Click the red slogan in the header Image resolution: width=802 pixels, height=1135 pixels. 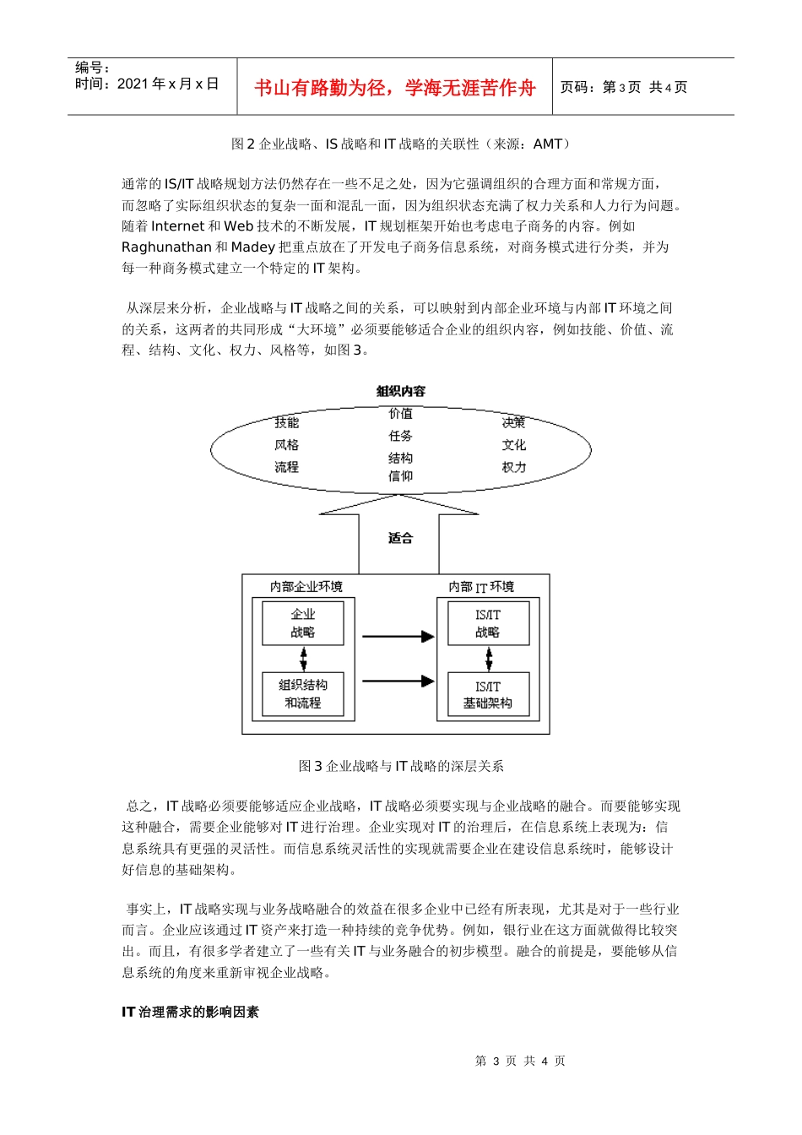(394, 88)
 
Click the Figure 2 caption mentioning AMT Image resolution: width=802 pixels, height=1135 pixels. (401, 144)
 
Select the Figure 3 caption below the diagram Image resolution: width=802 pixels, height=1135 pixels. (401, 766)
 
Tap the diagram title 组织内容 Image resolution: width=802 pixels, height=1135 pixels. (401, 391)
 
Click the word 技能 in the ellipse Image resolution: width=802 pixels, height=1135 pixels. (286, 422)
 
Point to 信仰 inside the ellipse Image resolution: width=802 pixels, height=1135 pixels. (400, 476)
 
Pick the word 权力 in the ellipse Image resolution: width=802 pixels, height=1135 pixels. (513, 467)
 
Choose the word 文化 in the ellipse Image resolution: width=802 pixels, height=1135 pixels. (513, 445)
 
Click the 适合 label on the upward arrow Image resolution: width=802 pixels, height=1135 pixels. (400, 538)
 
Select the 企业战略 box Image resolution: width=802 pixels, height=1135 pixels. (303, 623)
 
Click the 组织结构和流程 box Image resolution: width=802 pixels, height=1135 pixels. (303, 694)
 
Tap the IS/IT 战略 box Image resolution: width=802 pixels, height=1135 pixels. (487, 623)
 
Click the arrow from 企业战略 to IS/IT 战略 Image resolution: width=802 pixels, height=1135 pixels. (398, 637)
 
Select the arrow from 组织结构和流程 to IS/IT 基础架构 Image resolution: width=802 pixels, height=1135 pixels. (398, 681)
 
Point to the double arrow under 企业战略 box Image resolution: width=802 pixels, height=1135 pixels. (303, 659)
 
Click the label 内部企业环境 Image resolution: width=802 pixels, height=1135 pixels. (306, 587)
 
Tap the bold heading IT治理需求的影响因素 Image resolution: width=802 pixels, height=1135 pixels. (190, 1012)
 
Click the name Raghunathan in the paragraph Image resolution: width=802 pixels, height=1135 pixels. (166, 247)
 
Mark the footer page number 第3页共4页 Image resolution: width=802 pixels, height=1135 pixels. (520, 1062)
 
